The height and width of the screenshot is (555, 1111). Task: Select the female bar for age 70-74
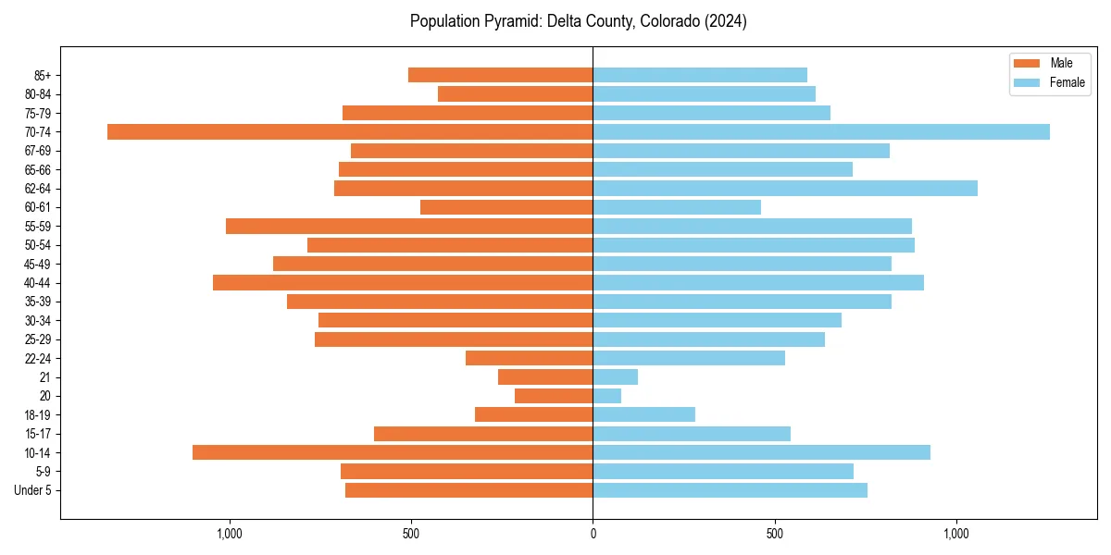[821, 132]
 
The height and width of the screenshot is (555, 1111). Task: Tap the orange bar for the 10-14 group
[393, 452]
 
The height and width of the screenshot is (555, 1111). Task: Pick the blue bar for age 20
[607, 396]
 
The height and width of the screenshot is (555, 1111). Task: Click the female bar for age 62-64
[785, 189]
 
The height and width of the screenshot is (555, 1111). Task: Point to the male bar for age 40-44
[403, 283]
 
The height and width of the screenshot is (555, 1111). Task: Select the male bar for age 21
[545, 377]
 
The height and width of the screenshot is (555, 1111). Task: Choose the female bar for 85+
[700, 75]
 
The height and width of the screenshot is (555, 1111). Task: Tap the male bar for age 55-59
[409, 227]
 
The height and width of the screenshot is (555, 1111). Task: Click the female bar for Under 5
[730, 490]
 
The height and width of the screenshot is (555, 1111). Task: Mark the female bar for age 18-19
[644, 414]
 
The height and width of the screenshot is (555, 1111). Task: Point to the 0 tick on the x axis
[593, 534]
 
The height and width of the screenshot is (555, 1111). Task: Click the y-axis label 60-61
[38, 207]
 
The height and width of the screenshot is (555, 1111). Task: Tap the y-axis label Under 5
[32, 490]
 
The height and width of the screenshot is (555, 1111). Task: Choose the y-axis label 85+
[42, 75]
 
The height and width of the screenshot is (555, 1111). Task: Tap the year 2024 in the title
[725, 21]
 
